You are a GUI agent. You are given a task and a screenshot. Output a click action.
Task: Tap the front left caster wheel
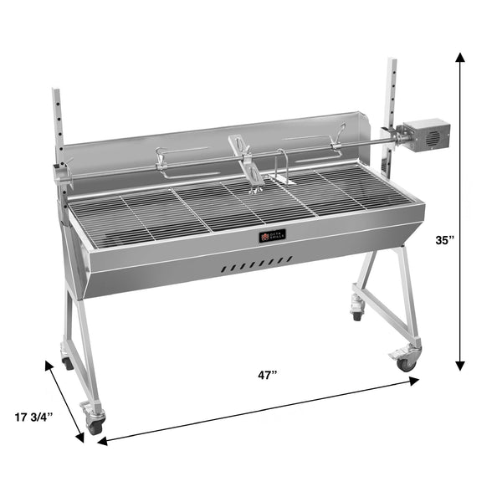[x=95, y=425]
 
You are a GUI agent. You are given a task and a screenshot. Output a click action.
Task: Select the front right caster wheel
[x=407, y=363]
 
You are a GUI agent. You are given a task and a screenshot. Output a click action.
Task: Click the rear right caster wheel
[x=357, y=315]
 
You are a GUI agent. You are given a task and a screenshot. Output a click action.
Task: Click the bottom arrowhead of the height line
[x=460, y=365]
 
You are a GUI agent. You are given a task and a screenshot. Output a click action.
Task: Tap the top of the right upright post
[x=390, y=62]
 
